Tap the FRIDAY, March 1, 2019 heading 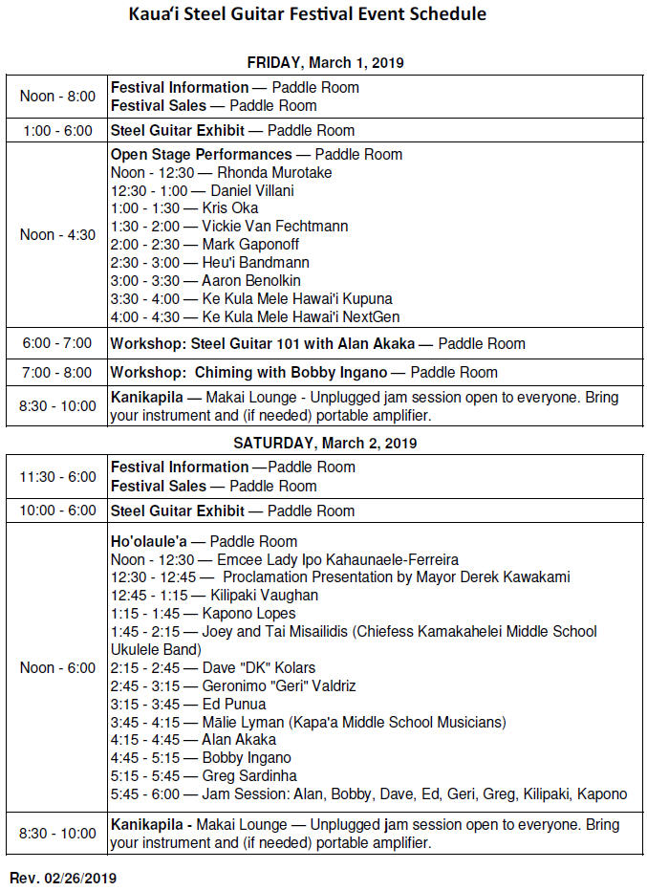click(325, 63)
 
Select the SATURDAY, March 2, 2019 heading click(325, 444)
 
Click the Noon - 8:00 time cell click(57, 97)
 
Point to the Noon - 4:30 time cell click(57, 235)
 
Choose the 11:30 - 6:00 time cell click(57, 476)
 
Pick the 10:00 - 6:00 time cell click(57, 511)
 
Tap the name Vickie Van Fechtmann click(275, 227)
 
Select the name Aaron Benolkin click(251, 281)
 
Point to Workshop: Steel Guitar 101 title click(244, 344)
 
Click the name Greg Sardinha click(249, 775)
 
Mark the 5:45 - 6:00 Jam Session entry click(368, 793)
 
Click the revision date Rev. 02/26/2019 click(63, 877)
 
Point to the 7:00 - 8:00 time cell click(57, 372)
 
